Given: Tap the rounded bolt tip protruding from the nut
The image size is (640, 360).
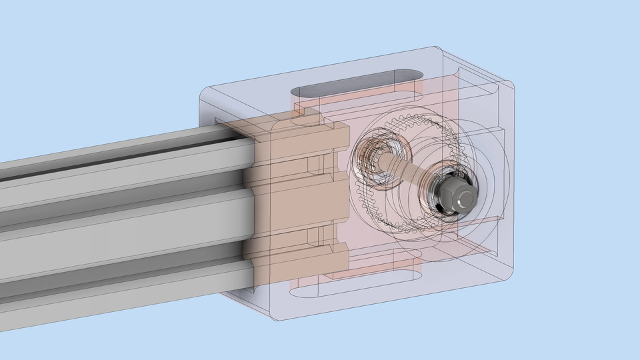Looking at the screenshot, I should pyautogui.click(x=465, y=196).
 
